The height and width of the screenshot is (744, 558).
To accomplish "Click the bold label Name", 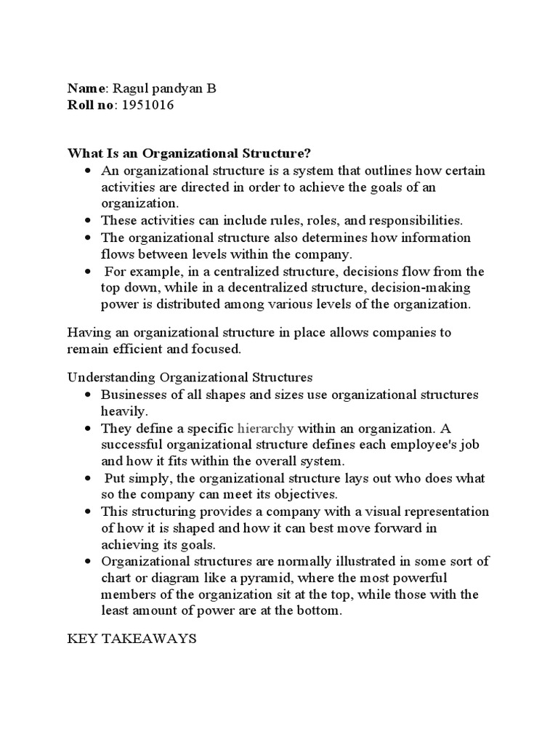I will coord(86,89).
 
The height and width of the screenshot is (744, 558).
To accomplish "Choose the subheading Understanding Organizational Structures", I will coord(190,378).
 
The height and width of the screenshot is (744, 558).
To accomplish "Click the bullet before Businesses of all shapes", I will coord(88,395).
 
